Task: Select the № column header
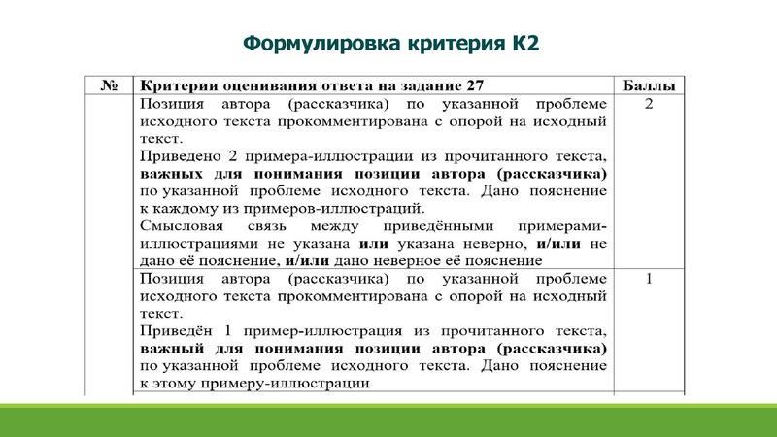click(x=109, y=85)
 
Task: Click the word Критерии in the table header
click(x=181, y=85)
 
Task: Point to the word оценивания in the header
click(x=269, y=85)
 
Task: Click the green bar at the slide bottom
click(x=388, y=420)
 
